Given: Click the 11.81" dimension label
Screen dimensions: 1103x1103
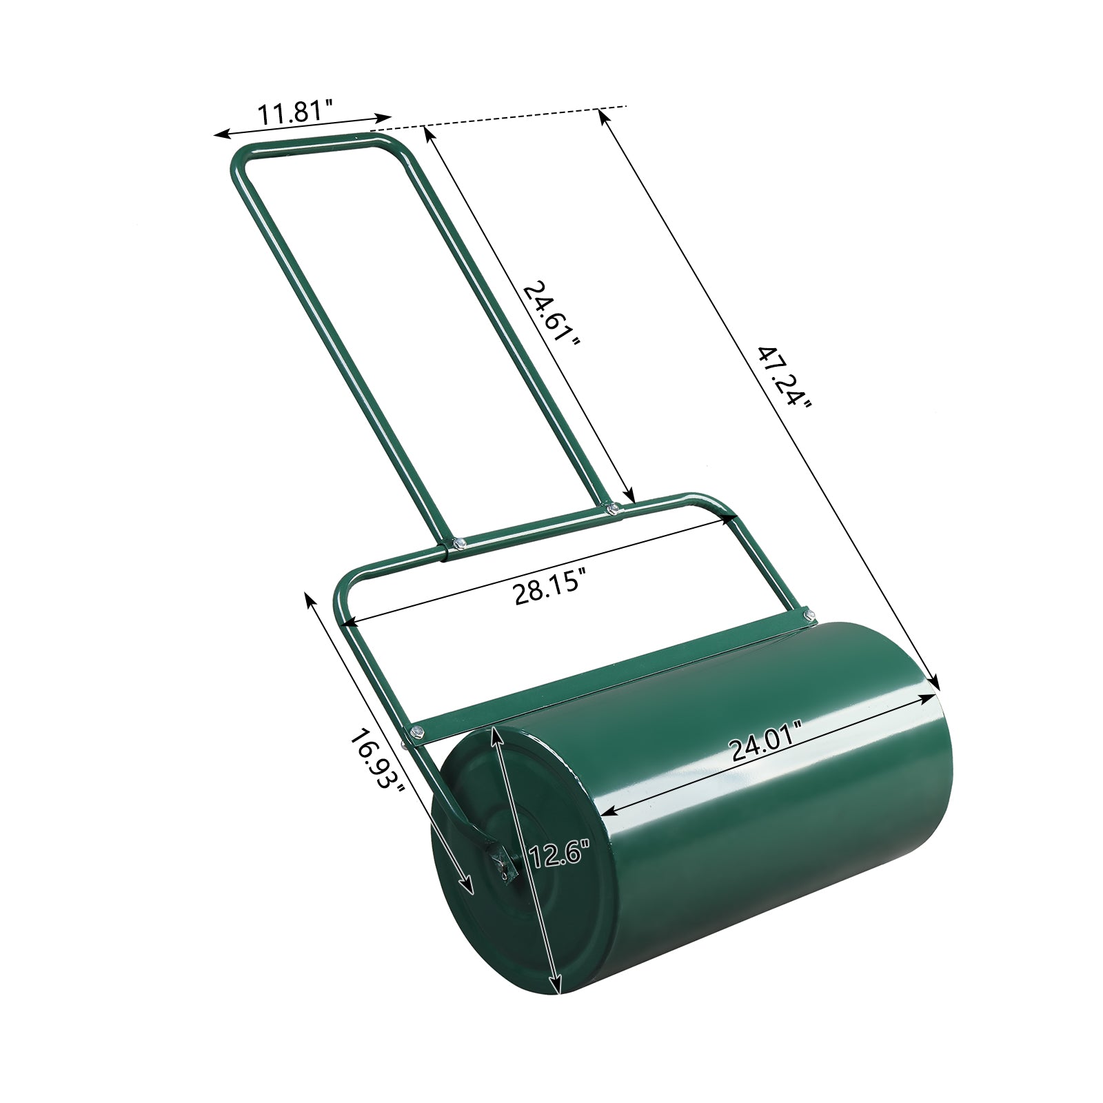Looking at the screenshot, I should click(295, 112).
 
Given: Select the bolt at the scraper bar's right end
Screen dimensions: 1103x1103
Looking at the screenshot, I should click(809, 613).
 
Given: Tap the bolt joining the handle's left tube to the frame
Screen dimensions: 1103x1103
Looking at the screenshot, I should click(458, 544).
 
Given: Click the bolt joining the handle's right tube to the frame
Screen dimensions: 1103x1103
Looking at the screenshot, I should click(613, 510).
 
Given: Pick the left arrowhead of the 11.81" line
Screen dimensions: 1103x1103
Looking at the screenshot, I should click(219, 134).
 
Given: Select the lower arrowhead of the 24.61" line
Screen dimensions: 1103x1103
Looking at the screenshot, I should click(629, 496).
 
